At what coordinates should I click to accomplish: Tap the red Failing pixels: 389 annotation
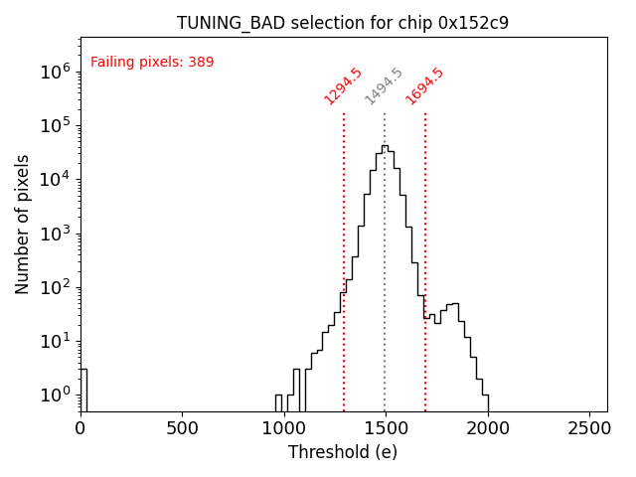[x=152, y=63]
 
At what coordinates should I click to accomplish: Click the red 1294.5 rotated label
[x=343, y=86]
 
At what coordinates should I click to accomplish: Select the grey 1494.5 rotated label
[x=384, y=86]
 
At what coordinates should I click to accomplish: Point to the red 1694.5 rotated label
[x=424, y=86]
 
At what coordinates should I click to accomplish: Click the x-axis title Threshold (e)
[x=343, y=452]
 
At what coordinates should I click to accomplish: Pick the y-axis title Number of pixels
[x=23, y=224]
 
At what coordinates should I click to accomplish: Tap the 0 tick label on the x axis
[x=80, y=428]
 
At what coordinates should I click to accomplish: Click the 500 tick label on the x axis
[x=182, y=428]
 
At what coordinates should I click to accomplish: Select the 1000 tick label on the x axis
[x=283, y=428]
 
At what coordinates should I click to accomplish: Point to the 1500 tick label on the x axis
[x=385, y=428]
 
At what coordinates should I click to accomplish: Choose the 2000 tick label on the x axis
[x=487, y=428]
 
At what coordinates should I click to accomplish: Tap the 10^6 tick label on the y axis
[x=54, y=71]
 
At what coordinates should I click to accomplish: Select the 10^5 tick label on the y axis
[x=54, y=125]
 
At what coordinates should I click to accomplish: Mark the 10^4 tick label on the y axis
[x=54, y=179]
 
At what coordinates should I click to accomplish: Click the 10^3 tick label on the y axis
[x=54, y=234]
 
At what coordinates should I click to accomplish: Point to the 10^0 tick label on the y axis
[x=54, y=396]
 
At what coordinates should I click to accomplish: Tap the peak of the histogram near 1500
[x=385, y=147]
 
